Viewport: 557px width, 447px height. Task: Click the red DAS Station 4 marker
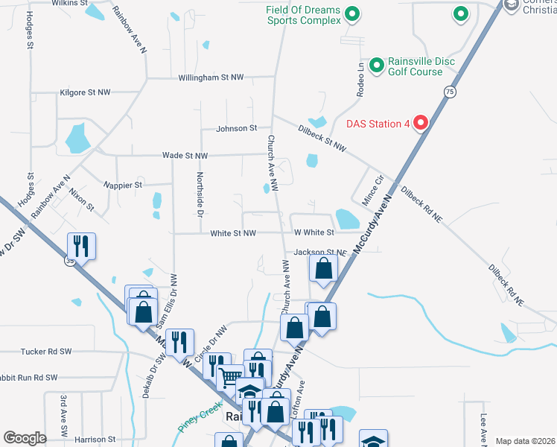pos(420,123)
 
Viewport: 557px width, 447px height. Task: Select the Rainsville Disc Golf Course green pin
pos(376,66)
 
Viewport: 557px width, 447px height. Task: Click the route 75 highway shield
pos(449,91)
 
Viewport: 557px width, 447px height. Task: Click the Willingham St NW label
pos(211,77)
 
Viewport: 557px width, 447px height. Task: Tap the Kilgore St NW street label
pos(84,92)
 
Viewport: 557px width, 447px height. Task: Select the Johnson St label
pos(236,129)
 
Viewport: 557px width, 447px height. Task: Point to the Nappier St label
pos(123,184)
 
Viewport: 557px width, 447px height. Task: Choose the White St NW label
pos(233,233)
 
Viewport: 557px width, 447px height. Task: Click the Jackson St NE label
pos(321,253)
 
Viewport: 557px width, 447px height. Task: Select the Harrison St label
pos(95,440)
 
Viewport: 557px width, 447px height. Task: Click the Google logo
pos(25,438)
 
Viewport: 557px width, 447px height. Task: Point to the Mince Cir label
pos(373,191)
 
